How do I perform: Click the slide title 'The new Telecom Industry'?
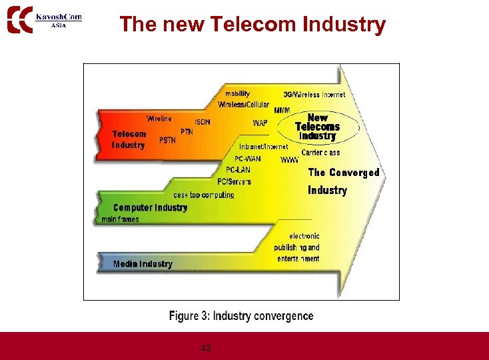click(x=252, y=25)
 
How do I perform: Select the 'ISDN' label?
click(x=203, y=122)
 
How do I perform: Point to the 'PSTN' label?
click(x=168, y=141)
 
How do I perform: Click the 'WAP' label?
click(x=260, y=123)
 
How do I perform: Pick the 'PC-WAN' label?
click(x=248, y=159)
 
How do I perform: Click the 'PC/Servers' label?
click(x=235, y=181)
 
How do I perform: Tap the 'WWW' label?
click(x=290, y=161)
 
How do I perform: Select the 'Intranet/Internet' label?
click(x=264, y=147)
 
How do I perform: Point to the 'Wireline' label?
click(x=159, y=119)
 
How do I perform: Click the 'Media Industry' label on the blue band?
click(x=143, y=264)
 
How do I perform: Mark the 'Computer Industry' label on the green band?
click(x=151, y=207)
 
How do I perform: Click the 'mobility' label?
click(x=238, y=94)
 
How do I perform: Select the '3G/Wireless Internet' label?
click(x=314, y=95)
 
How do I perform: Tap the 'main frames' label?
click(x=120, y=219)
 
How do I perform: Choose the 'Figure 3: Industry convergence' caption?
click(x=241, y=316)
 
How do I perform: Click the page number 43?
click(x=206, y=348)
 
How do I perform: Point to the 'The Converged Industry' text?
click(x=343, y=181)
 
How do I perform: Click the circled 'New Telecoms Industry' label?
click(x=318, y=127)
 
